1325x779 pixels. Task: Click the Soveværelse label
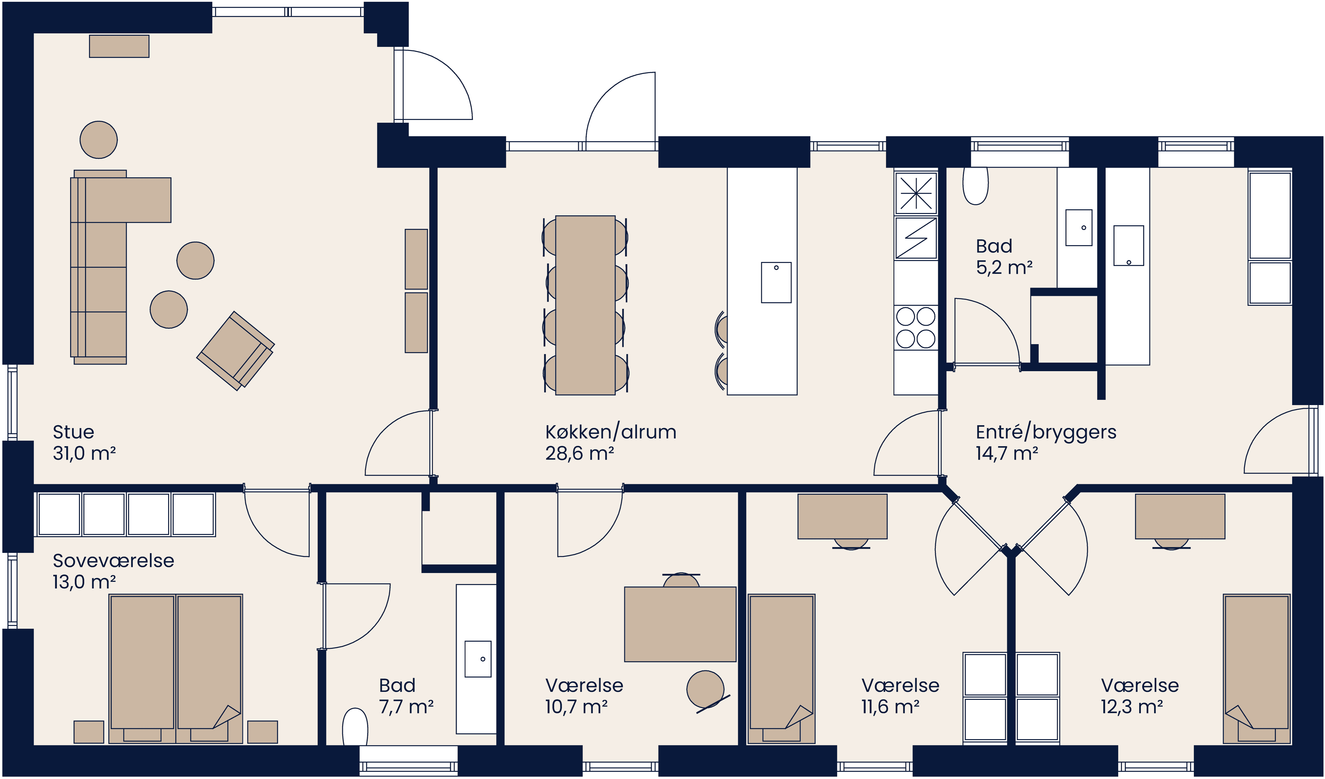point(113,561)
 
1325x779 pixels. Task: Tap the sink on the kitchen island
point(776,283)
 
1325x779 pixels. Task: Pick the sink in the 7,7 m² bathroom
point(478,659)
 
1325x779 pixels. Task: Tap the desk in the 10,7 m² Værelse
point(680,624)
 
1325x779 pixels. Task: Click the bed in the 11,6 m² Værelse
point(781,668)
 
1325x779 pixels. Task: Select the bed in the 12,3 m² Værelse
point(1257,668)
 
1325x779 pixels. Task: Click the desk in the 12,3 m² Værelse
point(1180,516)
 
